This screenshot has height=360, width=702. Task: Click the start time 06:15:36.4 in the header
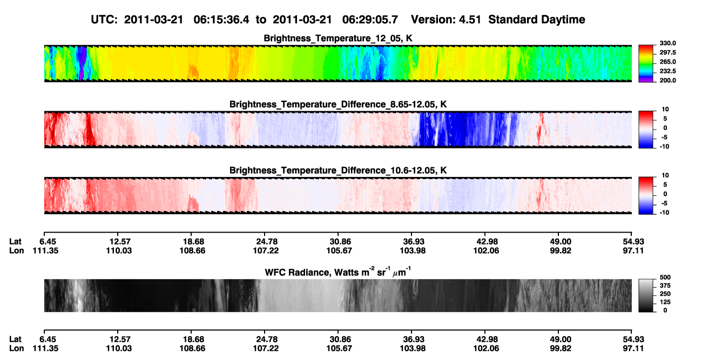(x=221, y=20)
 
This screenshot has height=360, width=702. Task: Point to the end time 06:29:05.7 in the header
(x=370, y=20)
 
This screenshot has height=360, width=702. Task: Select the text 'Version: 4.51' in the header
(x=446, y=20)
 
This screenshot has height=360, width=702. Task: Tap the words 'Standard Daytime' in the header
(x=537, y=20)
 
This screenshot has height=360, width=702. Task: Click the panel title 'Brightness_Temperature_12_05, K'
(x=338, y=38)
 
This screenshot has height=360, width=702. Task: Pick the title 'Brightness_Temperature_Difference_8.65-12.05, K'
(x=338, y=104)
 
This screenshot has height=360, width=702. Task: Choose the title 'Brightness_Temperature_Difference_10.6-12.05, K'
(x=338, y=171)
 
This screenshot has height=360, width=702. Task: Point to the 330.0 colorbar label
(x=667, y=43)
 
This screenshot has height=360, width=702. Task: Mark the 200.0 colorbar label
(x=667, y=80)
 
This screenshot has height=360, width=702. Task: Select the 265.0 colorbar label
(x=667, y=62)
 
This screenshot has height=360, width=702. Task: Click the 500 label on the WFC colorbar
(x=665, y=277)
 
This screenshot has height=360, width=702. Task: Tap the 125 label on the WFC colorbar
(x=665, y=302)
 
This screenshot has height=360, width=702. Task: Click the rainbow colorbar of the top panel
(x=646, y=64)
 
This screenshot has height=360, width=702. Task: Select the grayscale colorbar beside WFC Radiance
(x=646, y=295)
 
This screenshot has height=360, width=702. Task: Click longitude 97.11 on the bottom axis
(x=633, y=349)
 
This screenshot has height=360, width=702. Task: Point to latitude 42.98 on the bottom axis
(x=486, y=339)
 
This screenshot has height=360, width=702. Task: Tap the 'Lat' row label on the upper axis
(x=15, y=242)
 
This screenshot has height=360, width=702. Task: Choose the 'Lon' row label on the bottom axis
(x=16, y=349)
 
